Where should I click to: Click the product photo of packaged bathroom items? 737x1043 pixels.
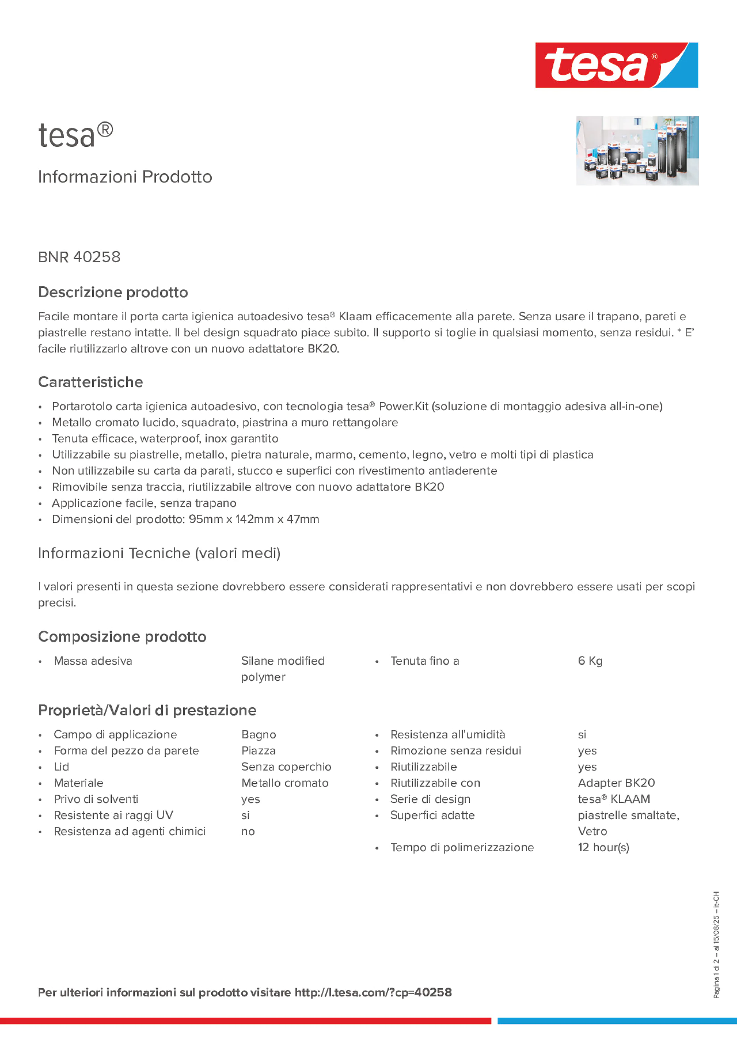point(637,151)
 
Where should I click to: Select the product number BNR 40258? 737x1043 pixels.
point(80,257)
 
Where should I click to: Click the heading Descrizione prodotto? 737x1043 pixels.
point(113,292)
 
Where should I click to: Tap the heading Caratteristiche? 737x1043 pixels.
point(91,382)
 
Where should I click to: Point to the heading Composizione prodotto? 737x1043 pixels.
point(122,636)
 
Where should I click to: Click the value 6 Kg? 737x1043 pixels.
point(590,661)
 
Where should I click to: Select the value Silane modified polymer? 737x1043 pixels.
point(283,669)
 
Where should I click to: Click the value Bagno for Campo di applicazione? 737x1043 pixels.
point(259,735)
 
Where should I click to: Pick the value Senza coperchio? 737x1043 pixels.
point(286,767)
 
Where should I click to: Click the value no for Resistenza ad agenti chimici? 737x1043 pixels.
point(248,831)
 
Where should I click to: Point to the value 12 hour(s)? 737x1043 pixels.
point(603,847)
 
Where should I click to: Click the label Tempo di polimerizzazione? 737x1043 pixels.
point(462,847)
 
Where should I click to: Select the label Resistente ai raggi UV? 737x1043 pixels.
point(114,815)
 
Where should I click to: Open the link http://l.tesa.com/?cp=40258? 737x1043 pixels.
point(373,993)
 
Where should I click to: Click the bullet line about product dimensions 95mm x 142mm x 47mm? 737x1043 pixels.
point(186,519)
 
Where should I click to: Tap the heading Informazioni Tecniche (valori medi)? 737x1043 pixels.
point(159,553)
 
